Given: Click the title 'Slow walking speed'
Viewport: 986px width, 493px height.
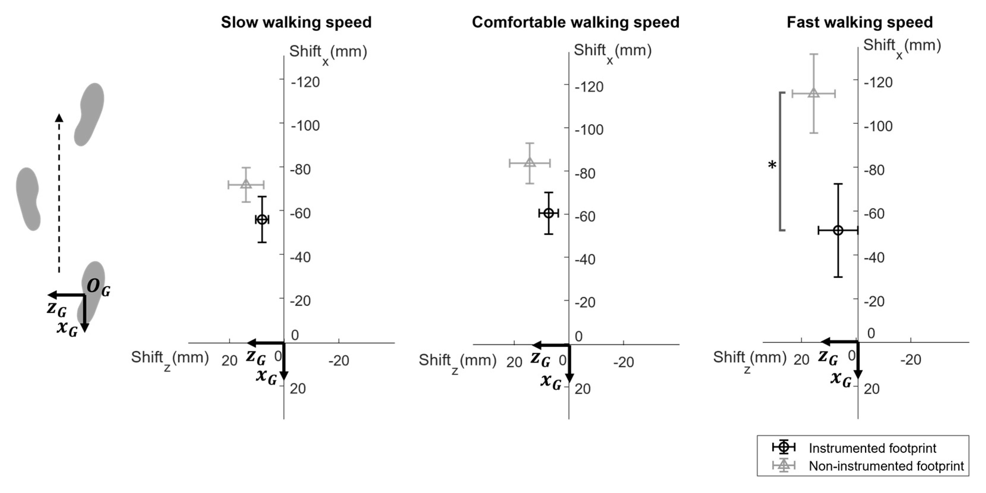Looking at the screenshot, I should (296, 22).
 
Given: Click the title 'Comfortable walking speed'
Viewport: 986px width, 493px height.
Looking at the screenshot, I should (575, 22).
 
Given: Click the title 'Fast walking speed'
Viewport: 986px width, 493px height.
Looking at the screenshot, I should (859, 22).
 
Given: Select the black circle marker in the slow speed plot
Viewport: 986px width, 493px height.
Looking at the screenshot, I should (262, 220).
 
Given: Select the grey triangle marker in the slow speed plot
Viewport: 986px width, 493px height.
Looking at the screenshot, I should (246, 184).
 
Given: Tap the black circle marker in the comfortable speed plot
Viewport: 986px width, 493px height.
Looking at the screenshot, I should (548, 213).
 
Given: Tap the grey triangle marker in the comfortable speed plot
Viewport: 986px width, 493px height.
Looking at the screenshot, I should (530, 163).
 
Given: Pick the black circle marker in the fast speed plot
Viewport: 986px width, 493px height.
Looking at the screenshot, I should (838, 230).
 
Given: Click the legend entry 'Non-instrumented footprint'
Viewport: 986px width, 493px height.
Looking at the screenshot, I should (886, 466).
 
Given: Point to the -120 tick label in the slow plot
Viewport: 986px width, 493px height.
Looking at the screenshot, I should (305, 82).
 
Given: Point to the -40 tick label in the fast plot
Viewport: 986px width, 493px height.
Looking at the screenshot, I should (878, 258).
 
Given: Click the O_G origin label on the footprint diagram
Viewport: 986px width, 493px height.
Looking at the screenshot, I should (98, 287).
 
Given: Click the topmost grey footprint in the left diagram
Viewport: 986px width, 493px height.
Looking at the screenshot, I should (89, 114).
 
